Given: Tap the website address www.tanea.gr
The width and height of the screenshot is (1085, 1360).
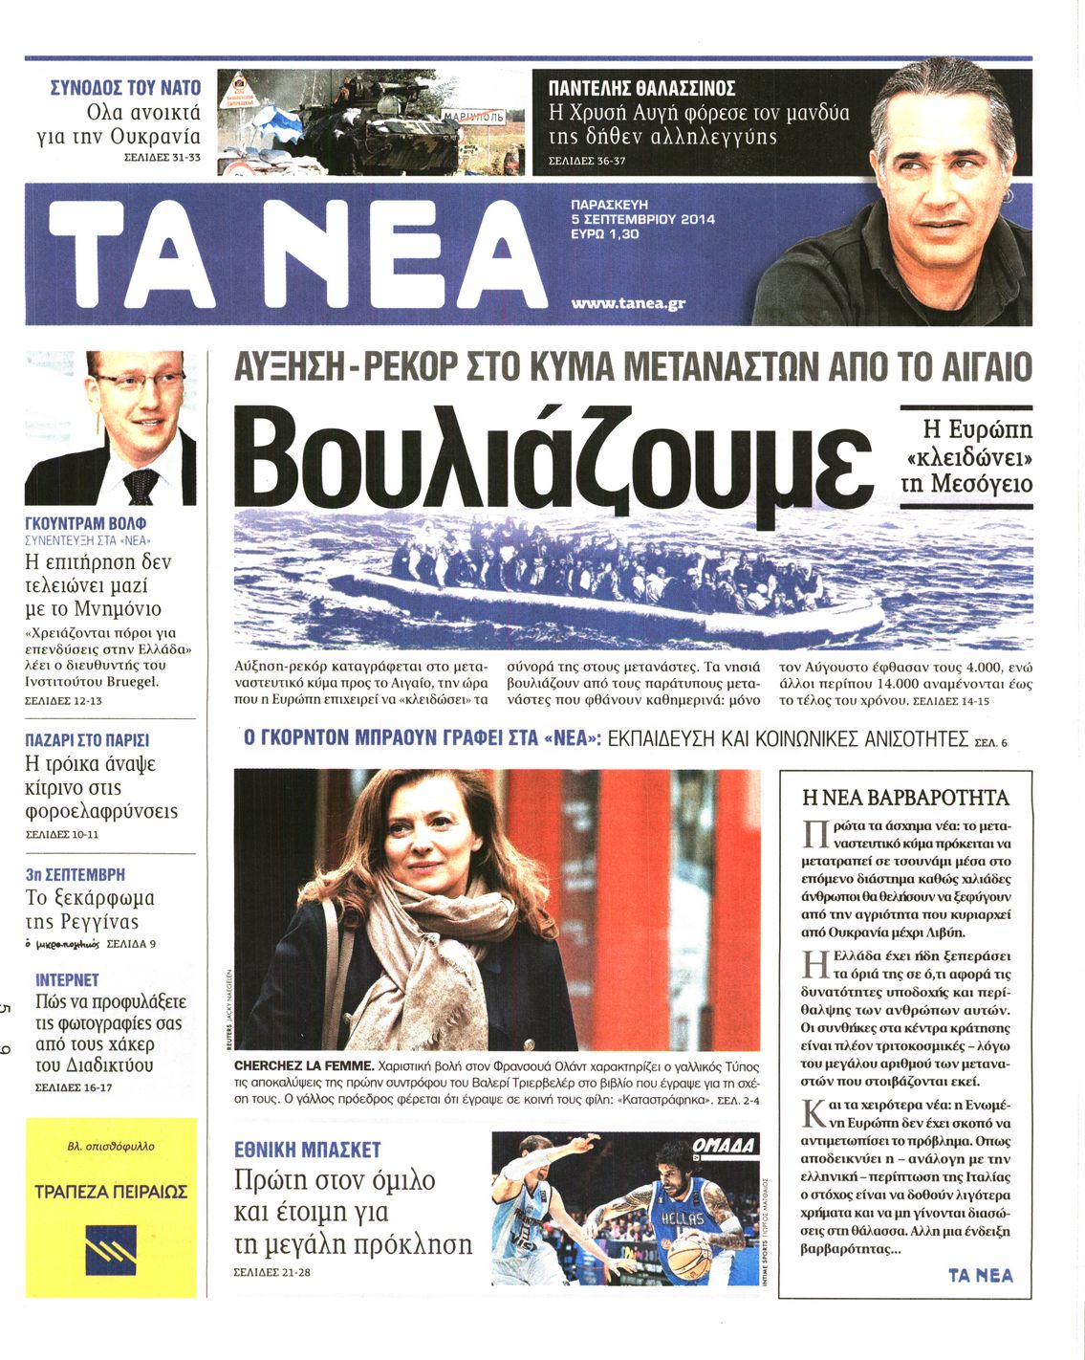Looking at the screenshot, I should (627, 304).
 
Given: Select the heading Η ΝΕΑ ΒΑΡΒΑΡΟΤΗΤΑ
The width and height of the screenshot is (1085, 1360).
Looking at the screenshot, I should (905, 798).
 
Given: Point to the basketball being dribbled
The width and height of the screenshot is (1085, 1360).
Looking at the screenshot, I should (689, 1259).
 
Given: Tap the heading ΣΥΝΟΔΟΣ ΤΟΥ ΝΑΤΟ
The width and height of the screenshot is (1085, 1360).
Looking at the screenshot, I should (125, 88).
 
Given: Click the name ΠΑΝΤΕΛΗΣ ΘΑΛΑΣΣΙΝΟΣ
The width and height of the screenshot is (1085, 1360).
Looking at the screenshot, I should (641, 89).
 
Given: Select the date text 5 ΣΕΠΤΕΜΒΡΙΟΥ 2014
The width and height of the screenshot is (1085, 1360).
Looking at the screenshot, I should (642, 219).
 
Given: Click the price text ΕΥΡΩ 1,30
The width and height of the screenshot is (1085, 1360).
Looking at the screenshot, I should (604, 233).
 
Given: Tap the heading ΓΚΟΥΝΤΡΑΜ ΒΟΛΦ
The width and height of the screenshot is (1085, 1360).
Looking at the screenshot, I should (85, 524).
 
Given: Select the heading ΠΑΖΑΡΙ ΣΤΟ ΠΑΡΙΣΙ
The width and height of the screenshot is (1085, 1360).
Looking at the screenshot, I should (87, 740).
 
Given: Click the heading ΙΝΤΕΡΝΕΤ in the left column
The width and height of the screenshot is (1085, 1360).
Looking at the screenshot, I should (67, 979).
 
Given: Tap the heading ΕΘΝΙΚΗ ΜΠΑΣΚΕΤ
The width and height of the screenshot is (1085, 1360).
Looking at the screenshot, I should (307, 1149).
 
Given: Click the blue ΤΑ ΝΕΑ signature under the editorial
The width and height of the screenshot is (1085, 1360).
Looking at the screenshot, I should (980, 1275).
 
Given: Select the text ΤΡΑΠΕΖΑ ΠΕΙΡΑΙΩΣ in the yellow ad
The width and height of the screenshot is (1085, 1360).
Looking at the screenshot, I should (111, 1192).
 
